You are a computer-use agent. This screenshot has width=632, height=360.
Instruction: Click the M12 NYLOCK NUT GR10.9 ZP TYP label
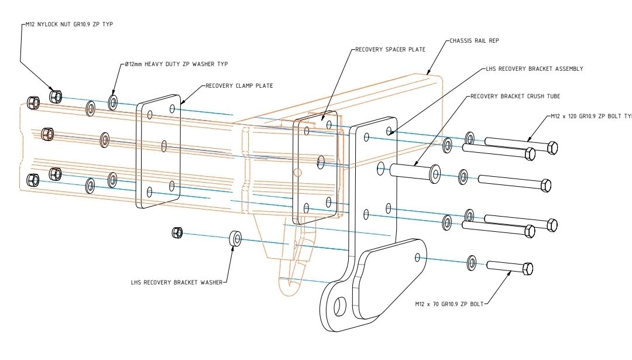64,25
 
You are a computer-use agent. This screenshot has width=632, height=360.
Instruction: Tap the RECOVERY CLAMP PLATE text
239,86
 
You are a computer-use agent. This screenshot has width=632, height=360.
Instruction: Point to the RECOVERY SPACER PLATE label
390,50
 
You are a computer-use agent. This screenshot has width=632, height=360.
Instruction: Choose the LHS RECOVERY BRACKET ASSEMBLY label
534,68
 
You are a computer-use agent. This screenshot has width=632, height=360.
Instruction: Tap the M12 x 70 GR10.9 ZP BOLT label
449,304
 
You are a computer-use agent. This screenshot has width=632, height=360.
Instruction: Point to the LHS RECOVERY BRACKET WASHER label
177,282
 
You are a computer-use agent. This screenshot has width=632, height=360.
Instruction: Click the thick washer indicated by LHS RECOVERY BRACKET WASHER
236,238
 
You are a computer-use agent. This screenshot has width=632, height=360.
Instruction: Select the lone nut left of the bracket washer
177,233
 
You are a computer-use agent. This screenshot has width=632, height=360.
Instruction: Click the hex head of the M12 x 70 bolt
527,269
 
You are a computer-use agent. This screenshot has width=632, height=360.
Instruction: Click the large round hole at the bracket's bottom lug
340,306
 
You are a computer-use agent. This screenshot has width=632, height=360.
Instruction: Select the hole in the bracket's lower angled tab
417,256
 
